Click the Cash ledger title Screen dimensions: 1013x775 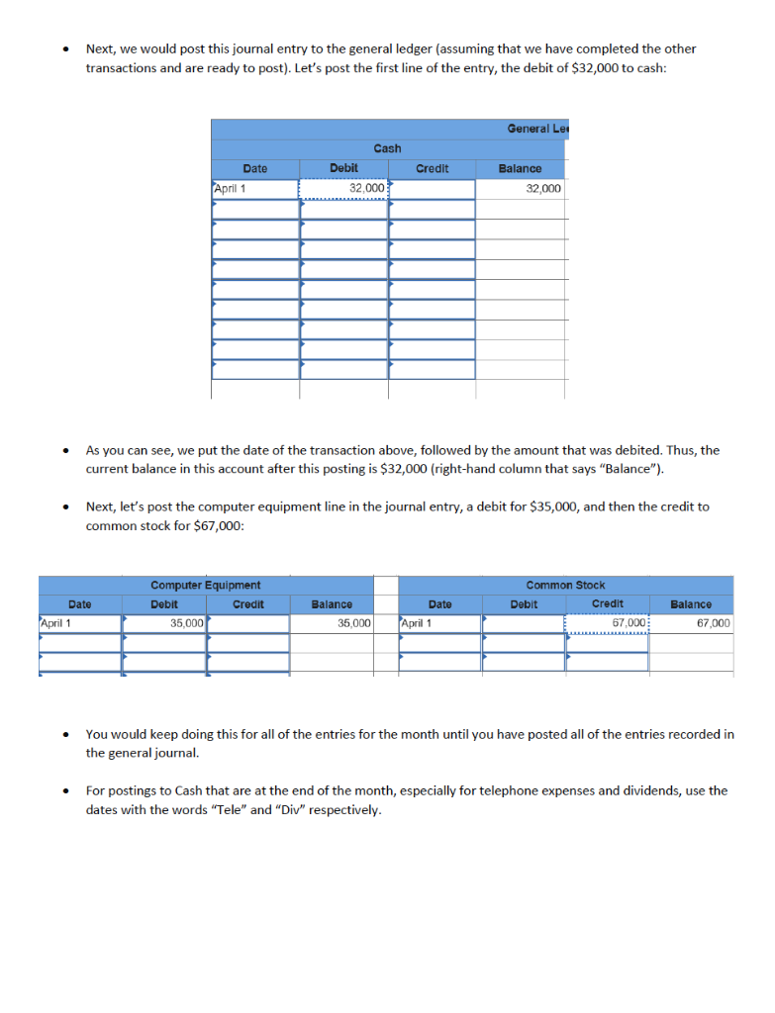tap(387, 148)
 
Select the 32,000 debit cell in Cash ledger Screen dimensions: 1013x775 tap(343, 188)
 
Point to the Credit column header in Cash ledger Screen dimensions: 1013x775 tap(432, 169)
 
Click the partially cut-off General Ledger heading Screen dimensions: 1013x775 tap(539, 129)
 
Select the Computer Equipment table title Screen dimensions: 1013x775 tap(205, 586)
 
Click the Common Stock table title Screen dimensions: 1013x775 tap(565, 586)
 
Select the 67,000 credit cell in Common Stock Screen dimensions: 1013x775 tap(607, 623)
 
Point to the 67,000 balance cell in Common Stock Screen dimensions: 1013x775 tap(691, 623)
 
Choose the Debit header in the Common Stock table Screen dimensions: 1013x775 tap(524, 603)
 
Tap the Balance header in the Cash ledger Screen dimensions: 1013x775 tap(520, 169)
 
